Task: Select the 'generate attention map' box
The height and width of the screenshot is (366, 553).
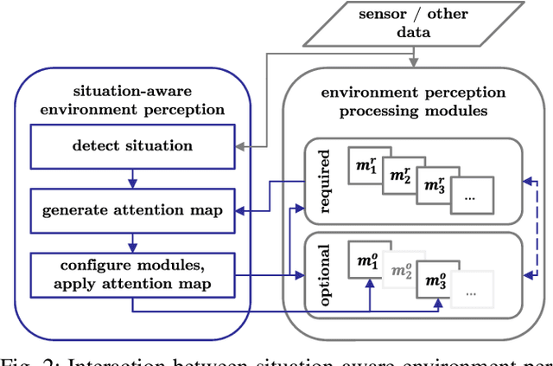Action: point(132,210)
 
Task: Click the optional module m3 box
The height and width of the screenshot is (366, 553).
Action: point(436,280)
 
